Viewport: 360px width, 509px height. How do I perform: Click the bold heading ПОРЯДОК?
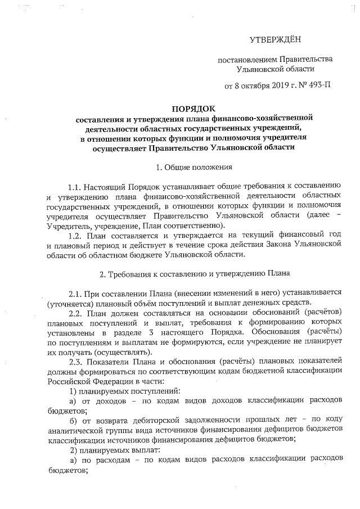point(193,109)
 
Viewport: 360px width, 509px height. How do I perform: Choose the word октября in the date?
point(248,86)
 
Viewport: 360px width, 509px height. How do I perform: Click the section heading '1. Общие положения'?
point(193,167)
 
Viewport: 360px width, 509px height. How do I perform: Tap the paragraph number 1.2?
point(75,236)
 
